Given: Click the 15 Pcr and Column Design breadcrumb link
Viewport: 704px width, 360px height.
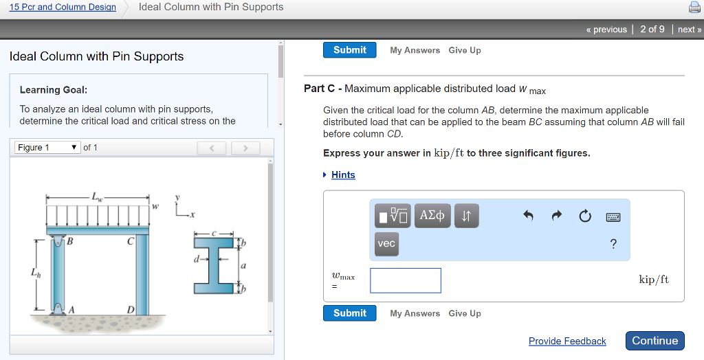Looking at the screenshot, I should coord(63,7).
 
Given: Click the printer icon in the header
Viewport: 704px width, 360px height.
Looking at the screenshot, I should coord(694,8).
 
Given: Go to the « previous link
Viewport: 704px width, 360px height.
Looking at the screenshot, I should coord(606,30).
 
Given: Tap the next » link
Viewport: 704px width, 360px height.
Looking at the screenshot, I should coord(689,30).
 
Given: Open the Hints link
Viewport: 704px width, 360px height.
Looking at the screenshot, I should coord(343,175).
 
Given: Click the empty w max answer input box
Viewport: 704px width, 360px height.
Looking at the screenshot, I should coord(406,280).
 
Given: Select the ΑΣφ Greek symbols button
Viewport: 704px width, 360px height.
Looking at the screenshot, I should coord(432,216).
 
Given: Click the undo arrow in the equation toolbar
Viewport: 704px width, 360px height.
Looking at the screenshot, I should coord(528,216).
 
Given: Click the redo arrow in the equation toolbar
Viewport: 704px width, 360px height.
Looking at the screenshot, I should coord(556,216).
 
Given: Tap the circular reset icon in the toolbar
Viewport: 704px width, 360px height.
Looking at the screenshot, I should coord(584,216).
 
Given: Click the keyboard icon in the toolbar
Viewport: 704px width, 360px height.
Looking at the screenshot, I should coord(613,217).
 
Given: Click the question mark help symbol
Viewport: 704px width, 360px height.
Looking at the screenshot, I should coord(613,244).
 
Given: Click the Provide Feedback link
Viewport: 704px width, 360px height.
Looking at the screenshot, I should coord(567,341).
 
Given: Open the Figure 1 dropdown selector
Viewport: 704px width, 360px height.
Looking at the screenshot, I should coord(47,148).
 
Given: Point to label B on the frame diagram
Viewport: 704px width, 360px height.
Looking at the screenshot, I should coord(69,241).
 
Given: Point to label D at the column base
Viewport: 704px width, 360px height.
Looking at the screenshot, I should coord(131,311).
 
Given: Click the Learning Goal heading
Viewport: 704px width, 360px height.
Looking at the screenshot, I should coord(54,90).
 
